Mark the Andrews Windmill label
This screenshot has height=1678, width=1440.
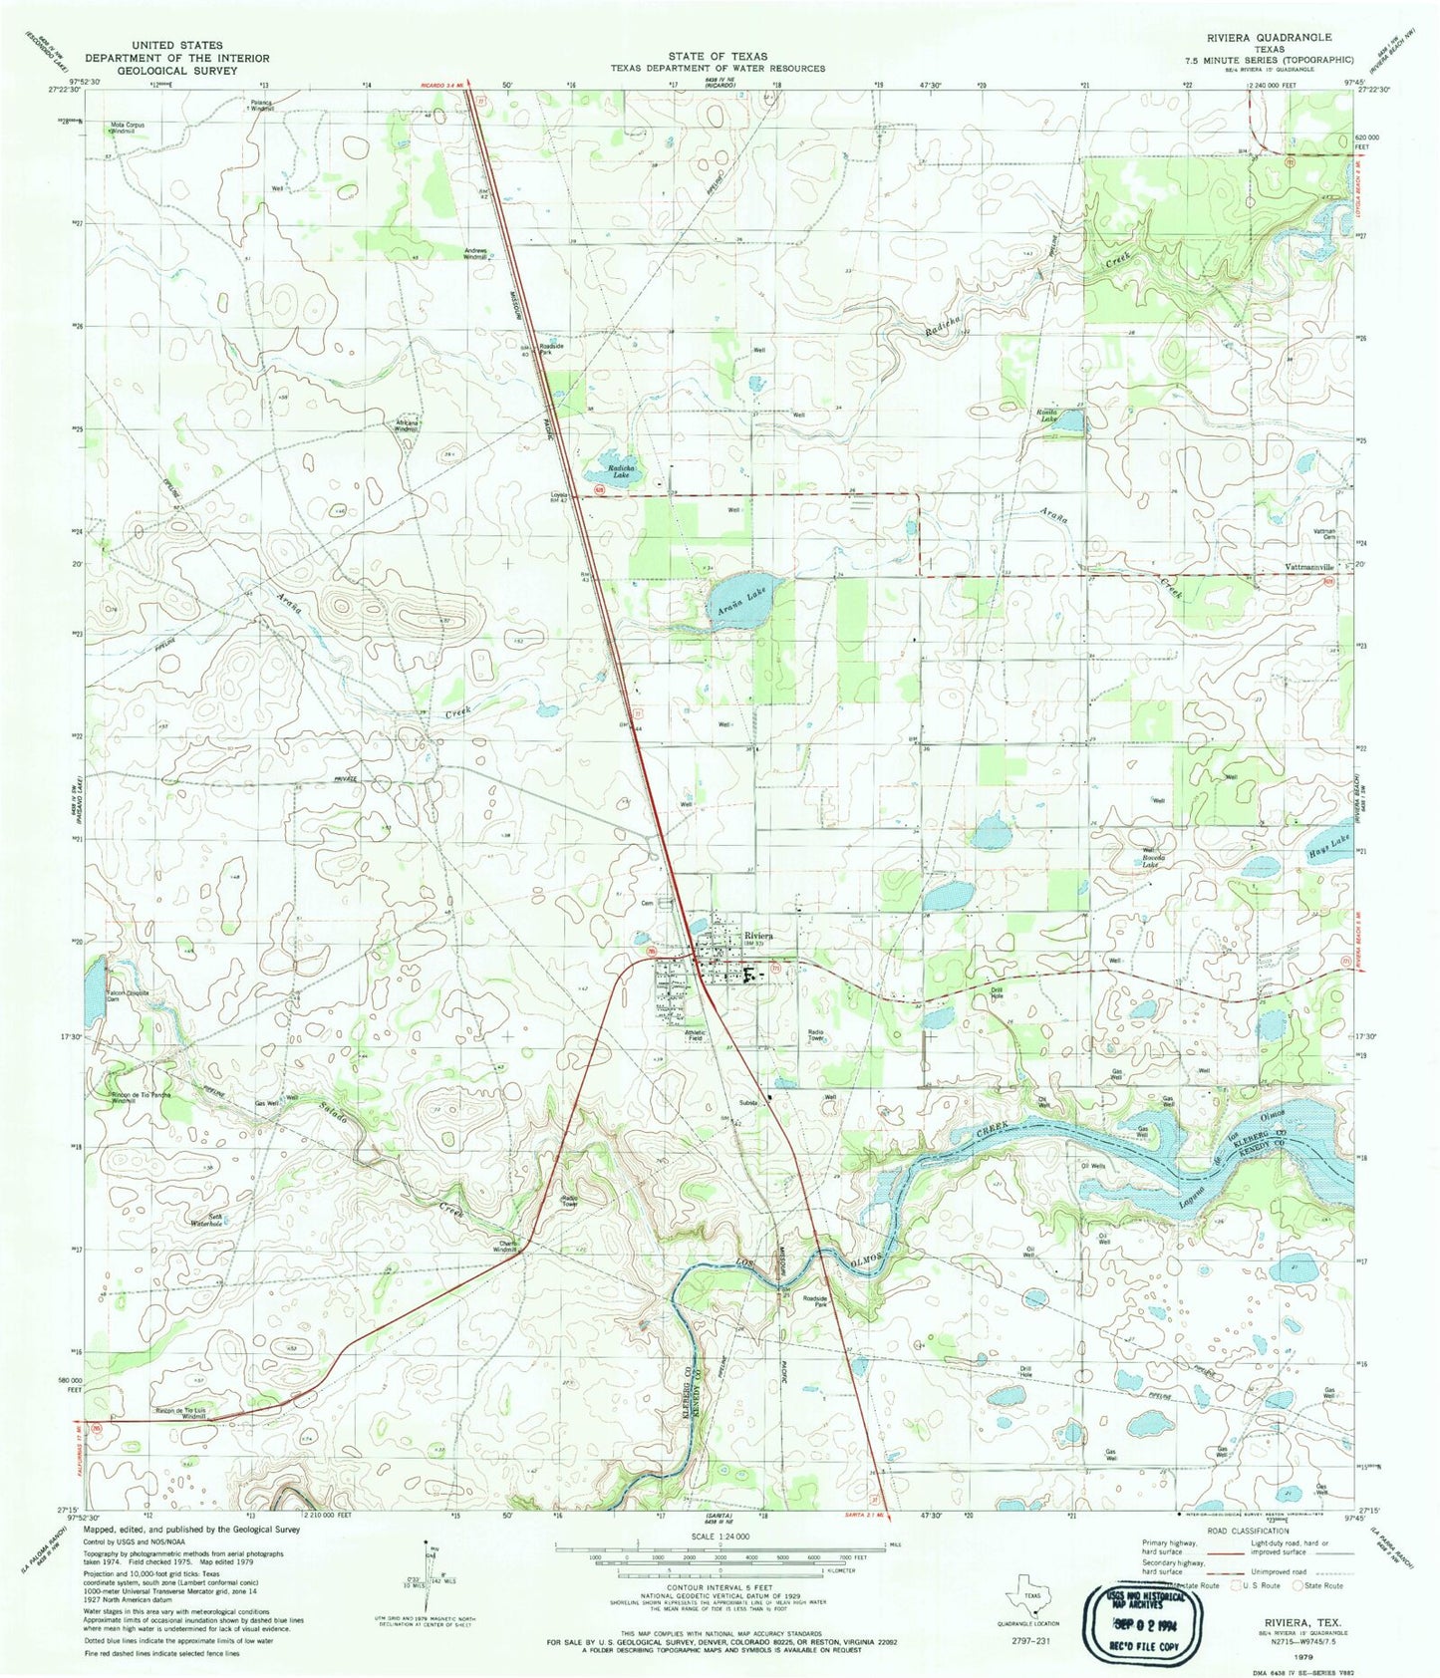tap(475, 253)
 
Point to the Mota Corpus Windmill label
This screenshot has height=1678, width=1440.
tap(127, 128)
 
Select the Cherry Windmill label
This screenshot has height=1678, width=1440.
tap(508, 1246)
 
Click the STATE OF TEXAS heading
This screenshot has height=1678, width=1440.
tap(719, 57)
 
